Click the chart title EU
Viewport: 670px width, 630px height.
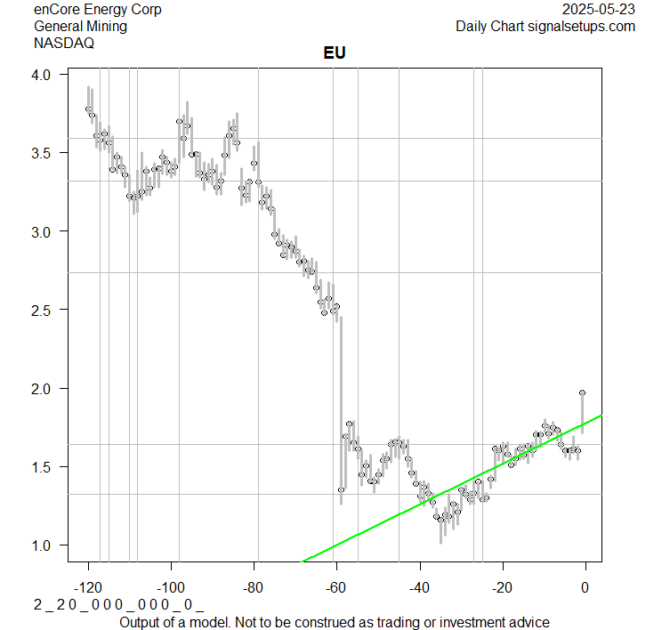pyautogui.click(x=334, y=53)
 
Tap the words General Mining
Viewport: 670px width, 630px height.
pyautogui.click(x=80, y=26)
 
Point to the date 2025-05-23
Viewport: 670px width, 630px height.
pyautogui.click(x=600, y=10)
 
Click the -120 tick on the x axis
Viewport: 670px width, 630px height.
pyautogui.click(x=88, y=586)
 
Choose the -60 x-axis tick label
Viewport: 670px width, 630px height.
pyautogui.click(x=337, y=586)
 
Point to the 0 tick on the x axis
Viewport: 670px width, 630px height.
pyautogui.click(x=585, y=586)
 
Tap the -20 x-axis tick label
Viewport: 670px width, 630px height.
pyautogui.click(x=503, y=586)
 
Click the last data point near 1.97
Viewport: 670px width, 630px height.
pyautogui.click(x=583, y=392)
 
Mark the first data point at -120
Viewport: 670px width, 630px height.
pyautogui.click(x=88, y=109)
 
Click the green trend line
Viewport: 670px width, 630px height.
pyautogui.click(x=445, y=489)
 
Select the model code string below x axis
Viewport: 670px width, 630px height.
pyautogui.click(x=118, y=604)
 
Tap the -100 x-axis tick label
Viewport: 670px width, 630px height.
pyautogui.click(x=171, y=586)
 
